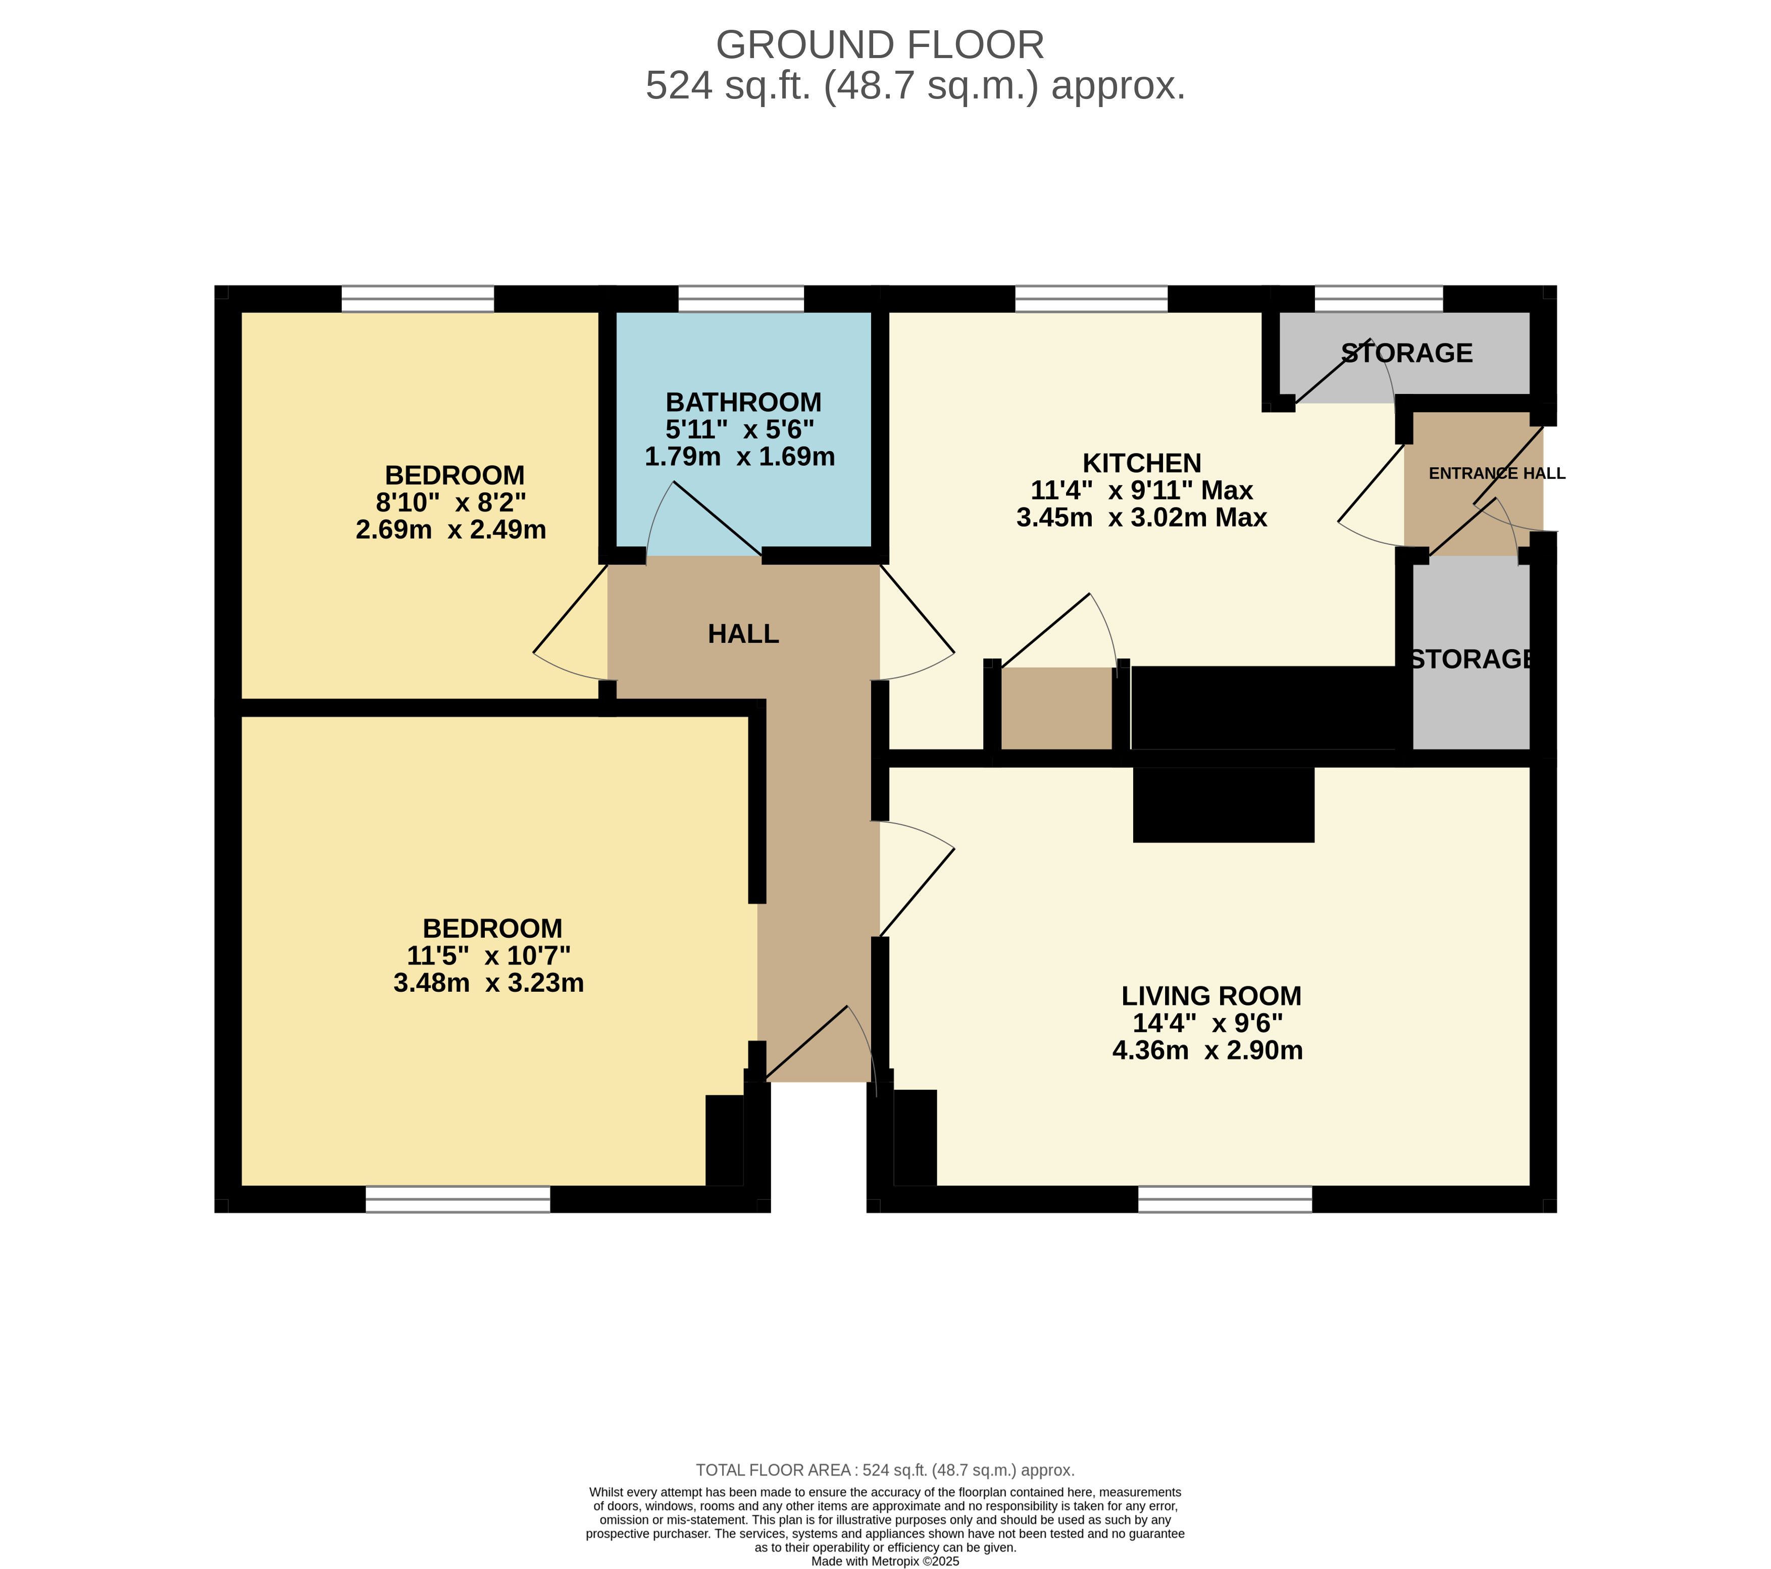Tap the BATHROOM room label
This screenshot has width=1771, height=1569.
(x=743, y=402)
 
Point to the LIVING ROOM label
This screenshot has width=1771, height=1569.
(x=1211, y=995)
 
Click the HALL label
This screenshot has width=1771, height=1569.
(x=743, y=634)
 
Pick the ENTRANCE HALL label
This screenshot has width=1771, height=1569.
(x=1497, y=473)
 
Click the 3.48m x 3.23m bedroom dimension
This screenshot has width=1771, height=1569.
(x=489, y=983)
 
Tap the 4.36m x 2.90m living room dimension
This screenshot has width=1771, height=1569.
(x=1208, y=1050)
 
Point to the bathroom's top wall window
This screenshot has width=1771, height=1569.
(x=741, y=299)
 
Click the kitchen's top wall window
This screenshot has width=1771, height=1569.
(x=1092, y=299)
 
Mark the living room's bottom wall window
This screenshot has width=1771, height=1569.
(x=1225, y=1199)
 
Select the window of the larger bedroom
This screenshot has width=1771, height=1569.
(x=458, y=1199)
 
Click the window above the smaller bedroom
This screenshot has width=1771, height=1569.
(x=418, y=299)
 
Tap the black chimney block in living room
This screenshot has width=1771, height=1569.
(x=1224, y=804)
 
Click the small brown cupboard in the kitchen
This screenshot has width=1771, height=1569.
(x=1057, y=708)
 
